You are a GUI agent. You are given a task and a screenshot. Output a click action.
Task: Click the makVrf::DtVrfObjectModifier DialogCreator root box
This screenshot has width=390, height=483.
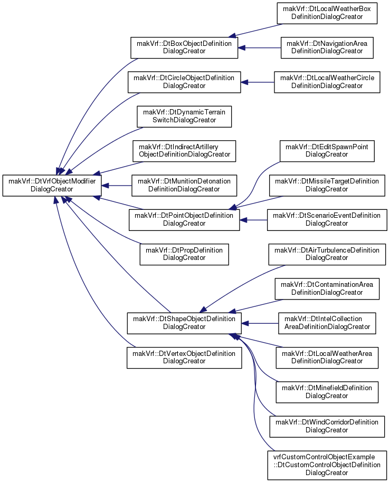[52, 186]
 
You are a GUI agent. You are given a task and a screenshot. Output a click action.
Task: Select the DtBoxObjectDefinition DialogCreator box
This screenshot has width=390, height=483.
[184, 48]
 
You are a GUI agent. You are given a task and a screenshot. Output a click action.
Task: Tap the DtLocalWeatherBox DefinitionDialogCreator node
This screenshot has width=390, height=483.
[327, 13]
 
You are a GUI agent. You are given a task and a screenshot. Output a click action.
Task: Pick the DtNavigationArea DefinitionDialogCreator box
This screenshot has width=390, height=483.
[327, 48]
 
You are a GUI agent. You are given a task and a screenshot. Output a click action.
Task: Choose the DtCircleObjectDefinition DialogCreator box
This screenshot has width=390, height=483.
[184, 82]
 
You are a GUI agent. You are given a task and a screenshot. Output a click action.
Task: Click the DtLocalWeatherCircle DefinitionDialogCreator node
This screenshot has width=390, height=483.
[327, 82]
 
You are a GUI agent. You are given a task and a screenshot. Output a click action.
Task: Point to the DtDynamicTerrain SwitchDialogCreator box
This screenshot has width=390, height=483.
[184, 117]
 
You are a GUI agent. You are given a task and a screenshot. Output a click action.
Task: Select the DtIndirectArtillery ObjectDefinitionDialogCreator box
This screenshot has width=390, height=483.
[184, 151]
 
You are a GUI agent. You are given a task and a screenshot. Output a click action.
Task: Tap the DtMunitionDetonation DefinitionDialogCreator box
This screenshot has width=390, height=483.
[184, 186]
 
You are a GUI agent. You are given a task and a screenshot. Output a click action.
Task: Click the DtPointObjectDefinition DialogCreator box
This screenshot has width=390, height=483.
[184, 220]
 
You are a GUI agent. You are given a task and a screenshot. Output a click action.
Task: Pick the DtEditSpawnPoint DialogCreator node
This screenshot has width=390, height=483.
[327, 151]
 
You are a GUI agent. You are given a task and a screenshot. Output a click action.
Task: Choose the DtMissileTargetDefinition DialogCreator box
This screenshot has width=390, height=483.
[327, 186]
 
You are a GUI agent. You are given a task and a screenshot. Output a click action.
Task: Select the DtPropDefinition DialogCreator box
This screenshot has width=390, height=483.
[184, 255]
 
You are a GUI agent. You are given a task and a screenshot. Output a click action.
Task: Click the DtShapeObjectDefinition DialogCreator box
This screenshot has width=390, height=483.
[184, 323]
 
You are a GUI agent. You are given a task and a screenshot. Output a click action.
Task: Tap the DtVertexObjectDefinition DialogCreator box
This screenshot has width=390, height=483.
[184, 358]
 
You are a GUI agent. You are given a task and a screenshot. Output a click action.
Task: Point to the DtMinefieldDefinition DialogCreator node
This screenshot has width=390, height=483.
[327, 392]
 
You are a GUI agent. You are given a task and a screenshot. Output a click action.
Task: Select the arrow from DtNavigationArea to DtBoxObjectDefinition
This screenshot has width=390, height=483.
[259, 48]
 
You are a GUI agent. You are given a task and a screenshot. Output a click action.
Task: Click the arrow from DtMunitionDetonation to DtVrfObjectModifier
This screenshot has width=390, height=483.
[117, 186]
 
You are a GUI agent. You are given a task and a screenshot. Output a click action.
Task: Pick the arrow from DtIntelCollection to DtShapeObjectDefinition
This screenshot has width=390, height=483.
[260, 323]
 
